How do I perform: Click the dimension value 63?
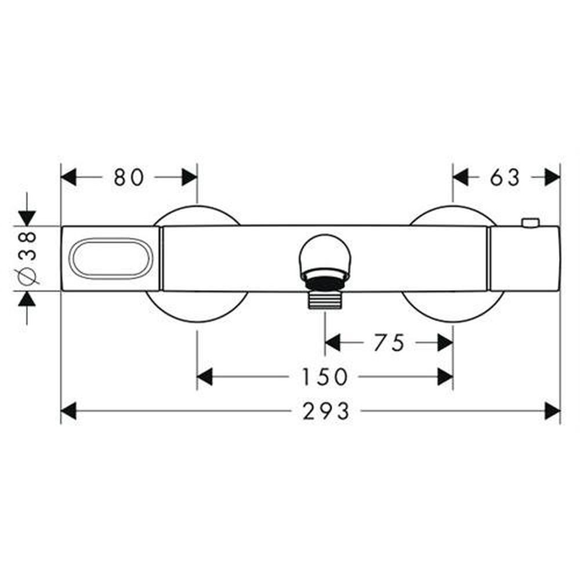[x=505, y=177]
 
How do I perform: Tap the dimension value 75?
[x=389, y=343]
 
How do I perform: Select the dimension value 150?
[x=325, y=377]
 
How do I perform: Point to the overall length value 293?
[x=326, y=411]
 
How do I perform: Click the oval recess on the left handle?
[x=111, y=258]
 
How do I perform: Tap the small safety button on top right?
[x=530, y=223]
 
